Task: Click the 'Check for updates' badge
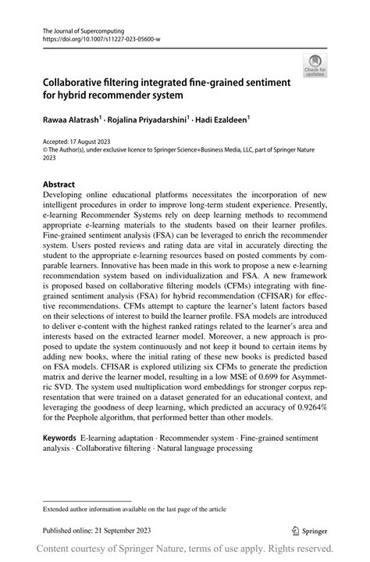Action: pos(316,67)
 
